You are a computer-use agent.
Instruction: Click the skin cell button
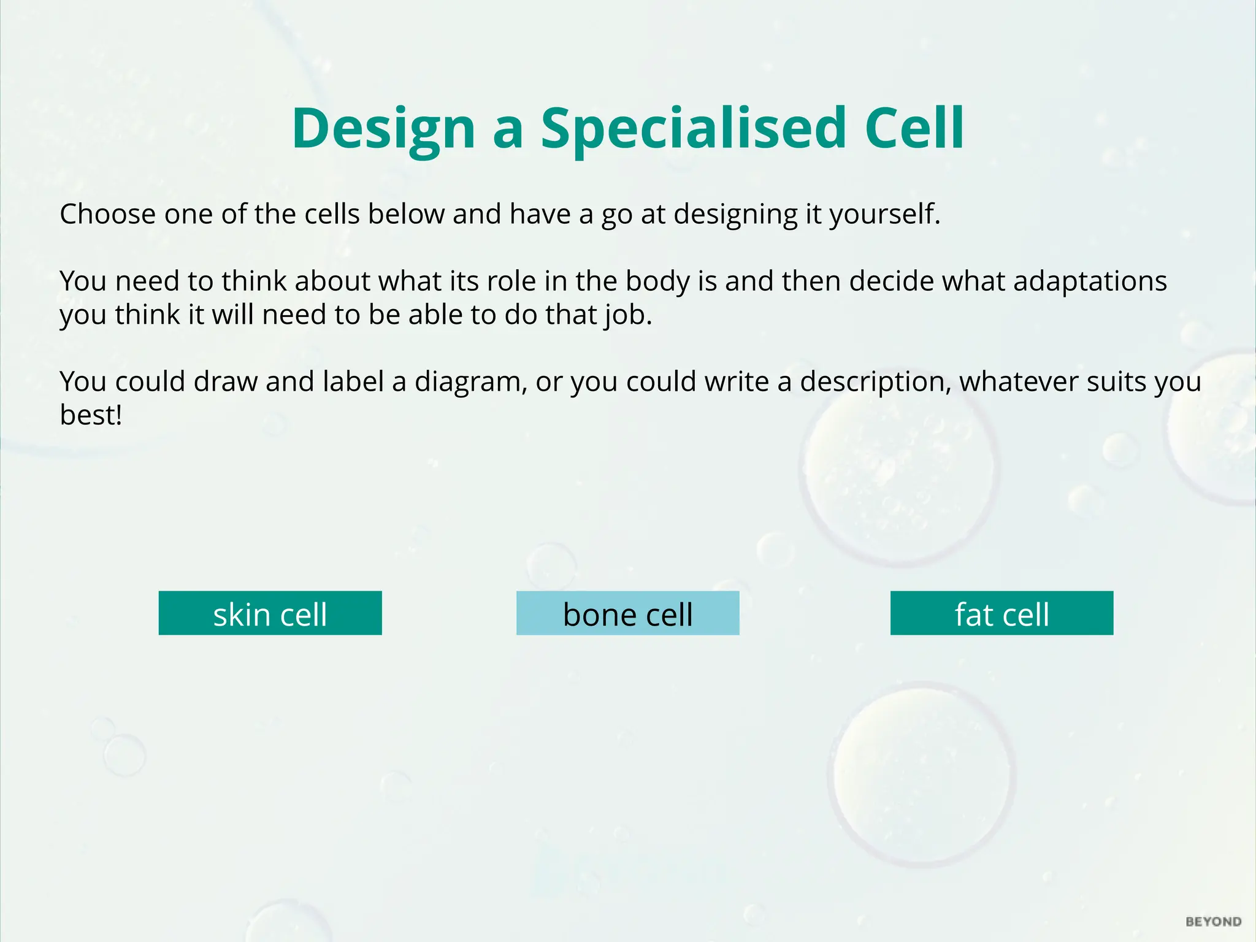point(270,613)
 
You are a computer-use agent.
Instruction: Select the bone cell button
point(627,613)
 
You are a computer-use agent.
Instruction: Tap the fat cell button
point(1001,613)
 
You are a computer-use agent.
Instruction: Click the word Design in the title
point(383,129)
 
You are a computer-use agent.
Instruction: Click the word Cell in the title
point(914,129)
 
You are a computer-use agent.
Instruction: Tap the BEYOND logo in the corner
point(1213,922)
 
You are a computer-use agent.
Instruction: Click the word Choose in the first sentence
point(107,215)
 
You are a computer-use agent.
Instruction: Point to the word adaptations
point(1090,281)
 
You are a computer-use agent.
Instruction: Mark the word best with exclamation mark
point(91,415)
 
